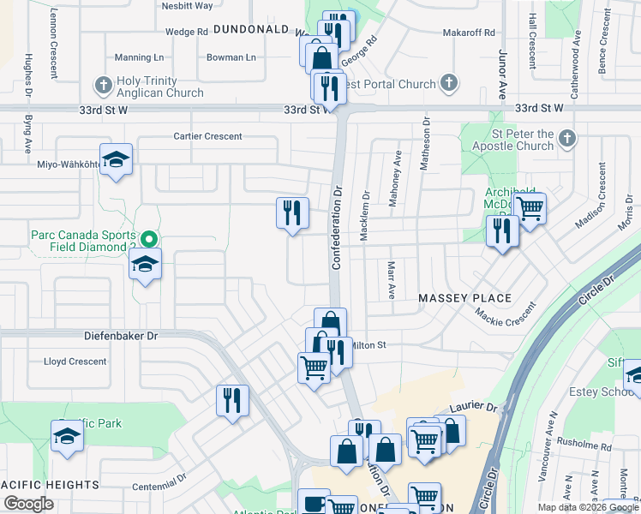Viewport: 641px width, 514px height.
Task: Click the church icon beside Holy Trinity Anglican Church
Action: click(x=104, y=84)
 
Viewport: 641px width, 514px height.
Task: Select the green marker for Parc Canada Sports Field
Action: click(x=149, y=240)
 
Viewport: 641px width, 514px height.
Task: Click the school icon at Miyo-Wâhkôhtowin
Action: click(x=116, y=159)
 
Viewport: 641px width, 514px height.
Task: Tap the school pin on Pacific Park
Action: click(x=67, y=435)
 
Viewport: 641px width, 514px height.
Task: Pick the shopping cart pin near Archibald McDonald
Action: click(x=530, y=207)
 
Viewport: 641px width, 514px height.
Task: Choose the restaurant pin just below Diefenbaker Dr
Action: click(x=231, y=400)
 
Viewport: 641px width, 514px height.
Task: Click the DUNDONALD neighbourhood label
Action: click(x=250, y=29)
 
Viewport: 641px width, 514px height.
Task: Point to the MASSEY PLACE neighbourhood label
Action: click(x=464, y=298)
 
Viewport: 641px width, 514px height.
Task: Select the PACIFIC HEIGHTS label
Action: click(x=50, y=485)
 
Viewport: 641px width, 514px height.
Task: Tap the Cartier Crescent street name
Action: click(x=207, y=136)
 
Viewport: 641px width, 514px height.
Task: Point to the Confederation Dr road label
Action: click(x=337, y=226)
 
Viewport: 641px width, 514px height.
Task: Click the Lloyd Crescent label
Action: click(x=75, y=362)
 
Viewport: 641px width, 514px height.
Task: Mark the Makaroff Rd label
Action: click(x=469, y=33)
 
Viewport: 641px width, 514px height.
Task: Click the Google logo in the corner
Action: click(x=29, y=504)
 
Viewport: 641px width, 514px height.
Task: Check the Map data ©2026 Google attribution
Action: click(x=587, y=507)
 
